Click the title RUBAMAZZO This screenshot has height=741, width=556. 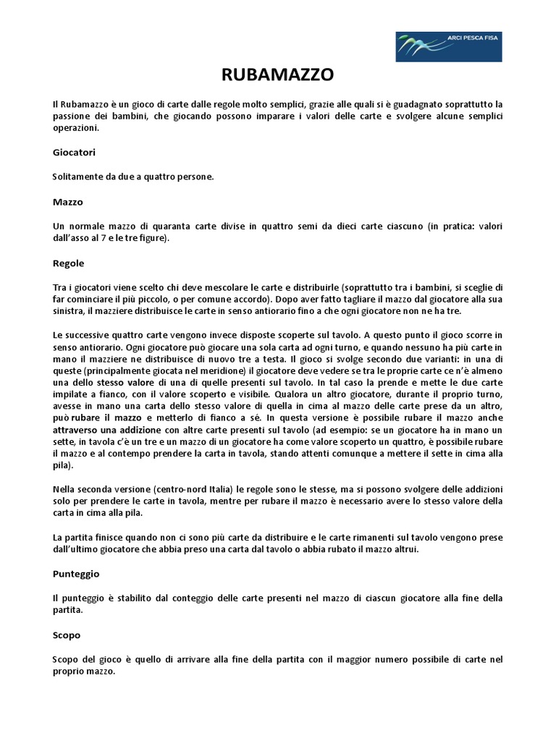(x=277, y=75)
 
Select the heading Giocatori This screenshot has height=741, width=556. (x=74, y=153)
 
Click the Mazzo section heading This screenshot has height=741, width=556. (x=68, y=202)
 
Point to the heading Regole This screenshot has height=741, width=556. (x=69, y=263)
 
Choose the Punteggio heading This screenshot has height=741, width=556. (x=76, y=573)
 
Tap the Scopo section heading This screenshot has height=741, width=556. (x=67, y=635)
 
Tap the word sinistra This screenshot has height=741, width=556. (x=70, y=311)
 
